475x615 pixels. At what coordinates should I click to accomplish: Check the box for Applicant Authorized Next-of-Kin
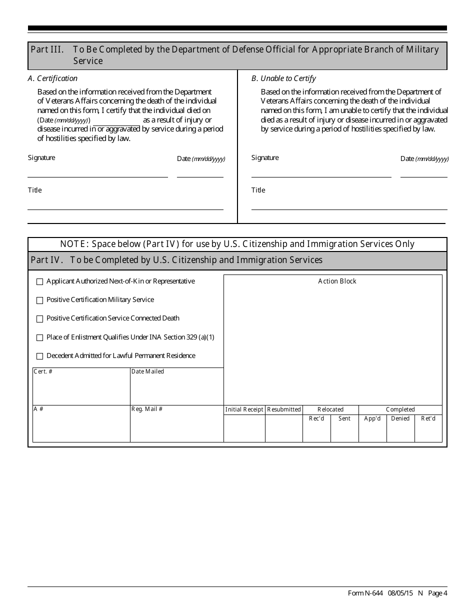click(x=40, y=282)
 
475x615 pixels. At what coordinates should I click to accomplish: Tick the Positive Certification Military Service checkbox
click(x=40, y=300)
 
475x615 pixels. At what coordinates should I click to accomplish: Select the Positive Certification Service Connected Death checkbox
click(x=40, y=319)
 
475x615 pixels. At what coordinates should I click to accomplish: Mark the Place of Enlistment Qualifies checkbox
click(x=40, y=338)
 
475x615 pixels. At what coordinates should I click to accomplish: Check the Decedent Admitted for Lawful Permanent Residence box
click(x=40, y=356)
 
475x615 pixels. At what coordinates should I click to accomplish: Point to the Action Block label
click(x=337, y=281)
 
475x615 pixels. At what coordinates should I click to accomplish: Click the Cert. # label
click(x=43, y=371)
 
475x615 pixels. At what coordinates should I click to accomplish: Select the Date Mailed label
click(x=147, y=371)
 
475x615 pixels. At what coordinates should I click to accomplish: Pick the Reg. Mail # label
click(x=147, y=409)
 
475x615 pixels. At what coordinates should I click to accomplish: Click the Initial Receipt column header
click(x=244, y=409)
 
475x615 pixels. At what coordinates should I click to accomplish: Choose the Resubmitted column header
click(x=284, y=409)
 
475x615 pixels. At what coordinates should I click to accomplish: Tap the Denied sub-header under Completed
click(x=400, y=418)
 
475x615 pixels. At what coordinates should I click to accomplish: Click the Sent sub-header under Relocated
click(x=344, y=418)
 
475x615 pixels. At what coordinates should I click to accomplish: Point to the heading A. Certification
click(x=52, y=78)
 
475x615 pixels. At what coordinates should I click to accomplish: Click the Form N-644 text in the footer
click(x=365, y=593)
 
